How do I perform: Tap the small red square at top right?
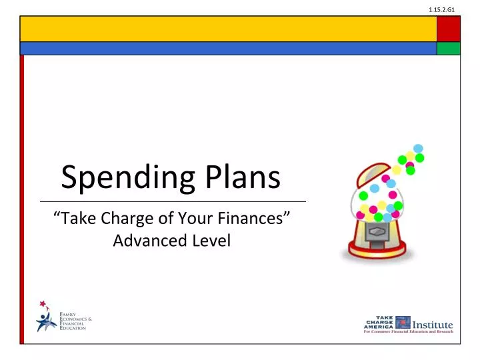449,29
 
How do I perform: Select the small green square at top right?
449,48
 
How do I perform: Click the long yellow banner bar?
227,29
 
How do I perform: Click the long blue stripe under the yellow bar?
227,48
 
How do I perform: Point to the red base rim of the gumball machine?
377,255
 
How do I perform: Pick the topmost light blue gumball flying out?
418,148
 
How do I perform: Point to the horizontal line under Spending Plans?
173,201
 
